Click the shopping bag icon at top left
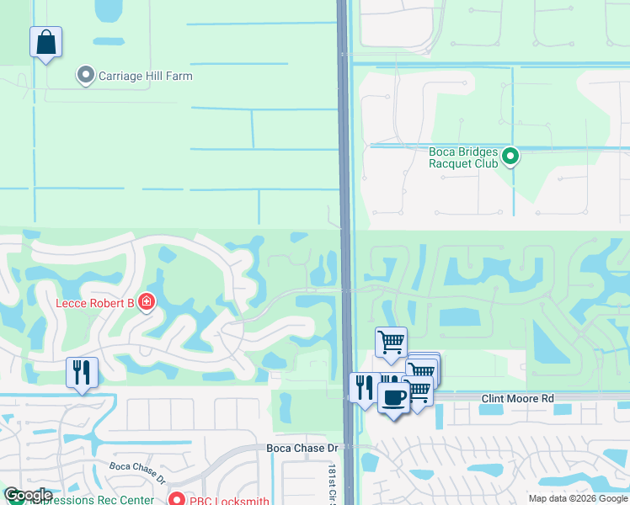point(46,42)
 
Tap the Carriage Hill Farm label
point(146,76)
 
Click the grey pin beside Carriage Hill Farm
point(85,76)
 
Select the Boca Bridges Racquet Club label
point(463,157)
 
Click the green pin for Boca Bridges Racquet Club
point(510,157)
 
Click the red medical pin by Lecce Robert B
point(147,301)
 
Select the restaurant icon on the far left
point(82,372)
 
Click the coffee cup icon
point(392,396)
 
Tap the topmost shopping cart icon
point(391,343)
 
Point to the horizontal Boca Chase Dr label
point(302,449)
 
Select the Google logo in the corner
point(28,496)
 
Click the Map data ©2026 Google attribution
point(578,498)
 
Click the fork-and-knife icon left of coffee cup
point(364,388)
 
